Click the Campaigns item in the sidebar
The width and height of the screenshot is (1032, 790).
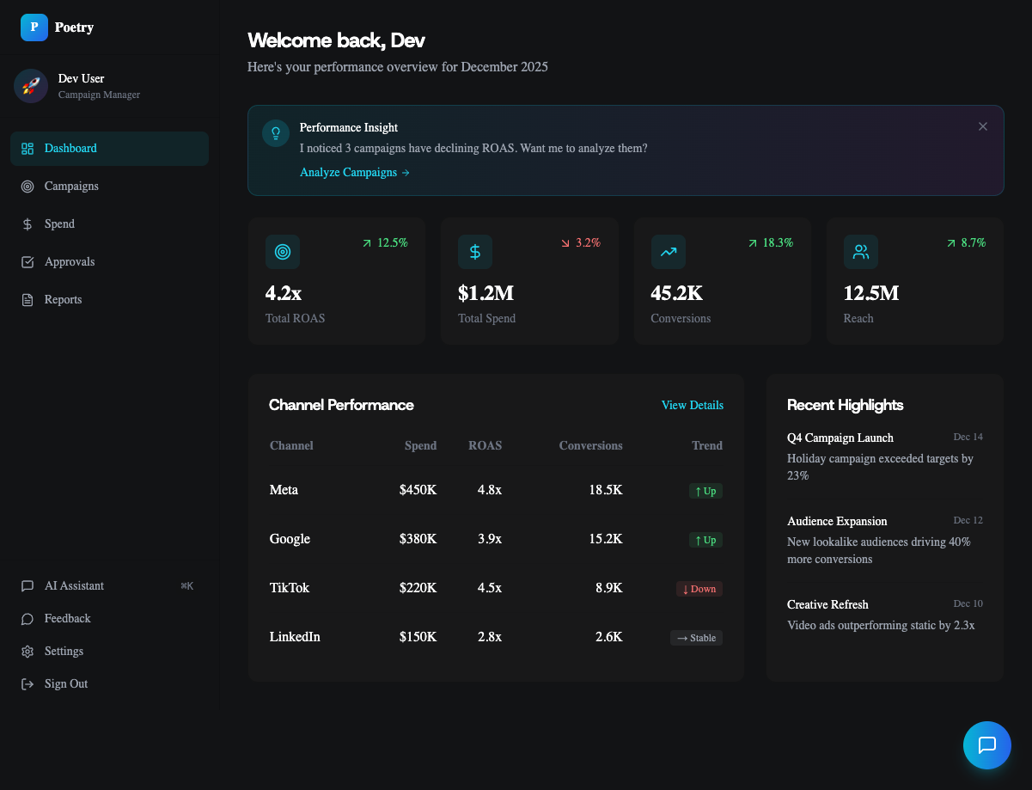coord(71,186)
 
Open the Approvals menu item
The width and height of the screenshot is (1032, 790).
coord(69,261)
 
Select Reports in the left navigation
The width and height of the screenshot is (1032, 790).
coord(63,299)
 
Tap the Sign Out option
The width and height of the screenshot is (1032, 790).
coord(65,683)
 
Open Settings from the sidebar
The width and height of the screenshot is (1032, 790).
coord(64,651)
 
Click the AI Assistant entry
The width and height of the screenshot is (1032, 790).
coord(74,585)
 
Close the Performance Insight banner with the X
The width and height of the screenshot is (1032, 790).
coord(983,126)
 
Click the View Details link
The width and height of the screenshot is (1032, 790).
coord(692,405)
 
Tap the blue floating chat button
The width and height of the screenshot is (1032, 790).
coord(986,744)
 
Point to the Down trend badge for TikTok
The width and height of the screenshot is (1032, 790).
coord(699,589)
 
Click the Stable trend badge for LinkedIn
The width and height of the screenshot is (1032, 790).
coord(696,638)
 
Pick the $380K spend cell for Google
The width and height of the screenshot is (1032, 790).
coord(418,539)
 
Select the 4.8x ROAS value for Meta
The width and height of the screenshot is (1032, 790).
coord(489,490)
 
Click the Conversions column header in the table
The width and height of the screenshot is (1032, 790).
coord(590,445)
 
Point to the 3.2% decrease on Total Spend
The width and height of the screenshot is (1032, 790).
coord(581,243)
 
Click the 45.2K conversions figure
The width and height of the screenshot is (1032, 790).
coord(676,293)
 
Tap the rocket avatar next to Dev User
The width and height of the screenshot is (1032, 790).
coord(31,86)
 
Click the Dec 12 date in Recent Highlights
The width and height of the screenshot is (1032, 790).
coord(968,520)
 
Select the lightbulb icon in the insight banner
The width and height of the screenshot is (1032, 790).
coord(276,133)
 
